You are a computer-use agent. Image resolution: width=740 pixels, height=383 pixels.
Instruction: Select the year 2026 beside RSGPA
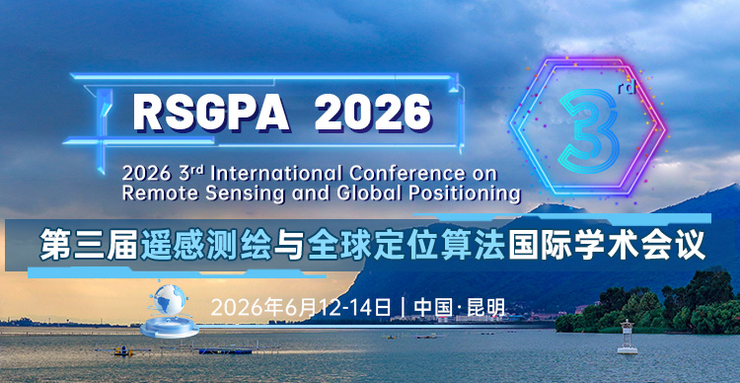pyautogui.click(x=373, y=113)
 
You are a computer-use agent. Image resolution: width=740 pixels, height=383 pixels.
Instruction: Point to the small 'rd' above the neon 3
pyautogui.click(x=627, y=87)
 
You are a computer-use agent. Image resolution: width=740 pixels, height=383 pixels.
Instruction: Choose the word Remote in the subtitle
pyautogui.click(x=158, y=191)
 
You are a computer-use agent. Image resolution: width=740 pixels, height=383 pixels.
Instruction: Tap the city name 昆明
pyautogui.click(x=487, y=306)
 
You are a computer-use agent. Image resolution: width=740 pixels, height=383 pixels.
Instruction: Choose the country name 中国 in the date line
pyautogui.click(x=431, y=306)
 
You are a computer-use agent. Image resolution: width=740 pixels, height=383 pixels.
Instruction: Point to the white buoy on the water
pyautogui.click(x=624, y=336)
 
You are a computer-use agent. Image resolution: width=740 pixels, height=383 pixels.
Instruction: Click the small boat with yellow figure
pyautogui.click(x=151, y=349)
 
